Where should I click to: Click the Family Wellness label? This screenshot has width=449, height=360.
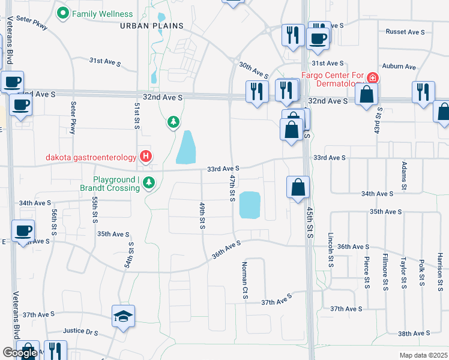(x=102, y=13)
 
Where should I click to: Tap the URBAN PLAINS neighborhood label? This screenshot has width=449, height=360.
(x=148, y=25)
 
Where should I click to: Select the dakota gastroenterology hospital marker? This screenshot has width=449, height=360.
(x=145, y=157)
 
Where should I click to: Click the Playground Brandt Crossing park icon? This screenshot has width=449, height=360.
(x=149, y=183)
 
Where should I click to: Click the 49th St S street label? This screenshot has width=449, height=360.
(x=203, y=215)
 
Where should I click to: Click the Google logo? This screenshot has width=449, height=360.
(x=19, y=353)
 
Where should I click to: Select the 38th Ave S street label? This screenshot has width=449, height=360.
(x=414, y=333)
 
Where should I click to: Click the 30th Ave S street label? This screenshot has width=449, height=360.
(x=253, y=69)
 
